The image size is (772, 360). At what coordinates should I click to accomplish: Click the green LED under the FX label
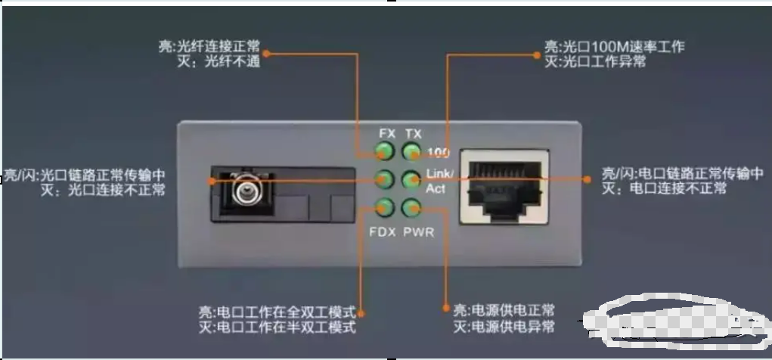(385, 151)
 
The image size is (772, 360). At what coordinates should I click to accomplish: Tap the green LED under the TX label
(411, 151)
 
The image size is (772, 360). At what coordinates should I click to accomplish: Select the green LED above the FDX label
(385, 208)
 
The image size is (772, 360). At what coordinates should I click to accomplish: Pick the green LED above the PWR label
(411, 208)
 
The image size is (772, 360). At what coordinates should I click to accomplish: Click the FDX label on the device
(383, 231)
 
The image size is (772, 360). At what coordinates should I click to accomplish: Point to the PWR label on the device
(418, 231)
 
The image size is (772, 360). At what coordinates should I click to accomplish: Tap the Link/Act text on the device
(439, 181)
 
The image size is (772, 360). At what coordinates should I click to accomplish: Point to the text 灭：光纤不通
(219, 61)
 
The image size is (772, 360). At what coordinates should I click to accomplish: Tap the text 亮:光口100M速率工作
(615, 47)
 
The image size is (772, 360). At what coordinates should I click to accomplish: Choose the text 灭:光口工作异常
(595, 61)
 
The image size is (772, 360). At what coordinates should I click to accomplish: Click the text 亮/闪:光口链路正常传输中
(85, 175)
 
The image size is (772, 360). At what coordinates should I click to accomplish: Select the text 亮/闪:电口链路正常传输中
(683, 173)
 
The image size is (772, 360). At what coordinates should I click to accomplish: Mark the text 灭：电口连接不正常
(664, 188)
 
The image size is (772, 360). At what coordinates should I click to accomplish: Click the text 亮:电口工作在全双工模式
(277, 312)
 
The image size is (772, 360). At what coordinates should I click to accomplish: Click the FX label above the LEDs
(387, 133)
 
